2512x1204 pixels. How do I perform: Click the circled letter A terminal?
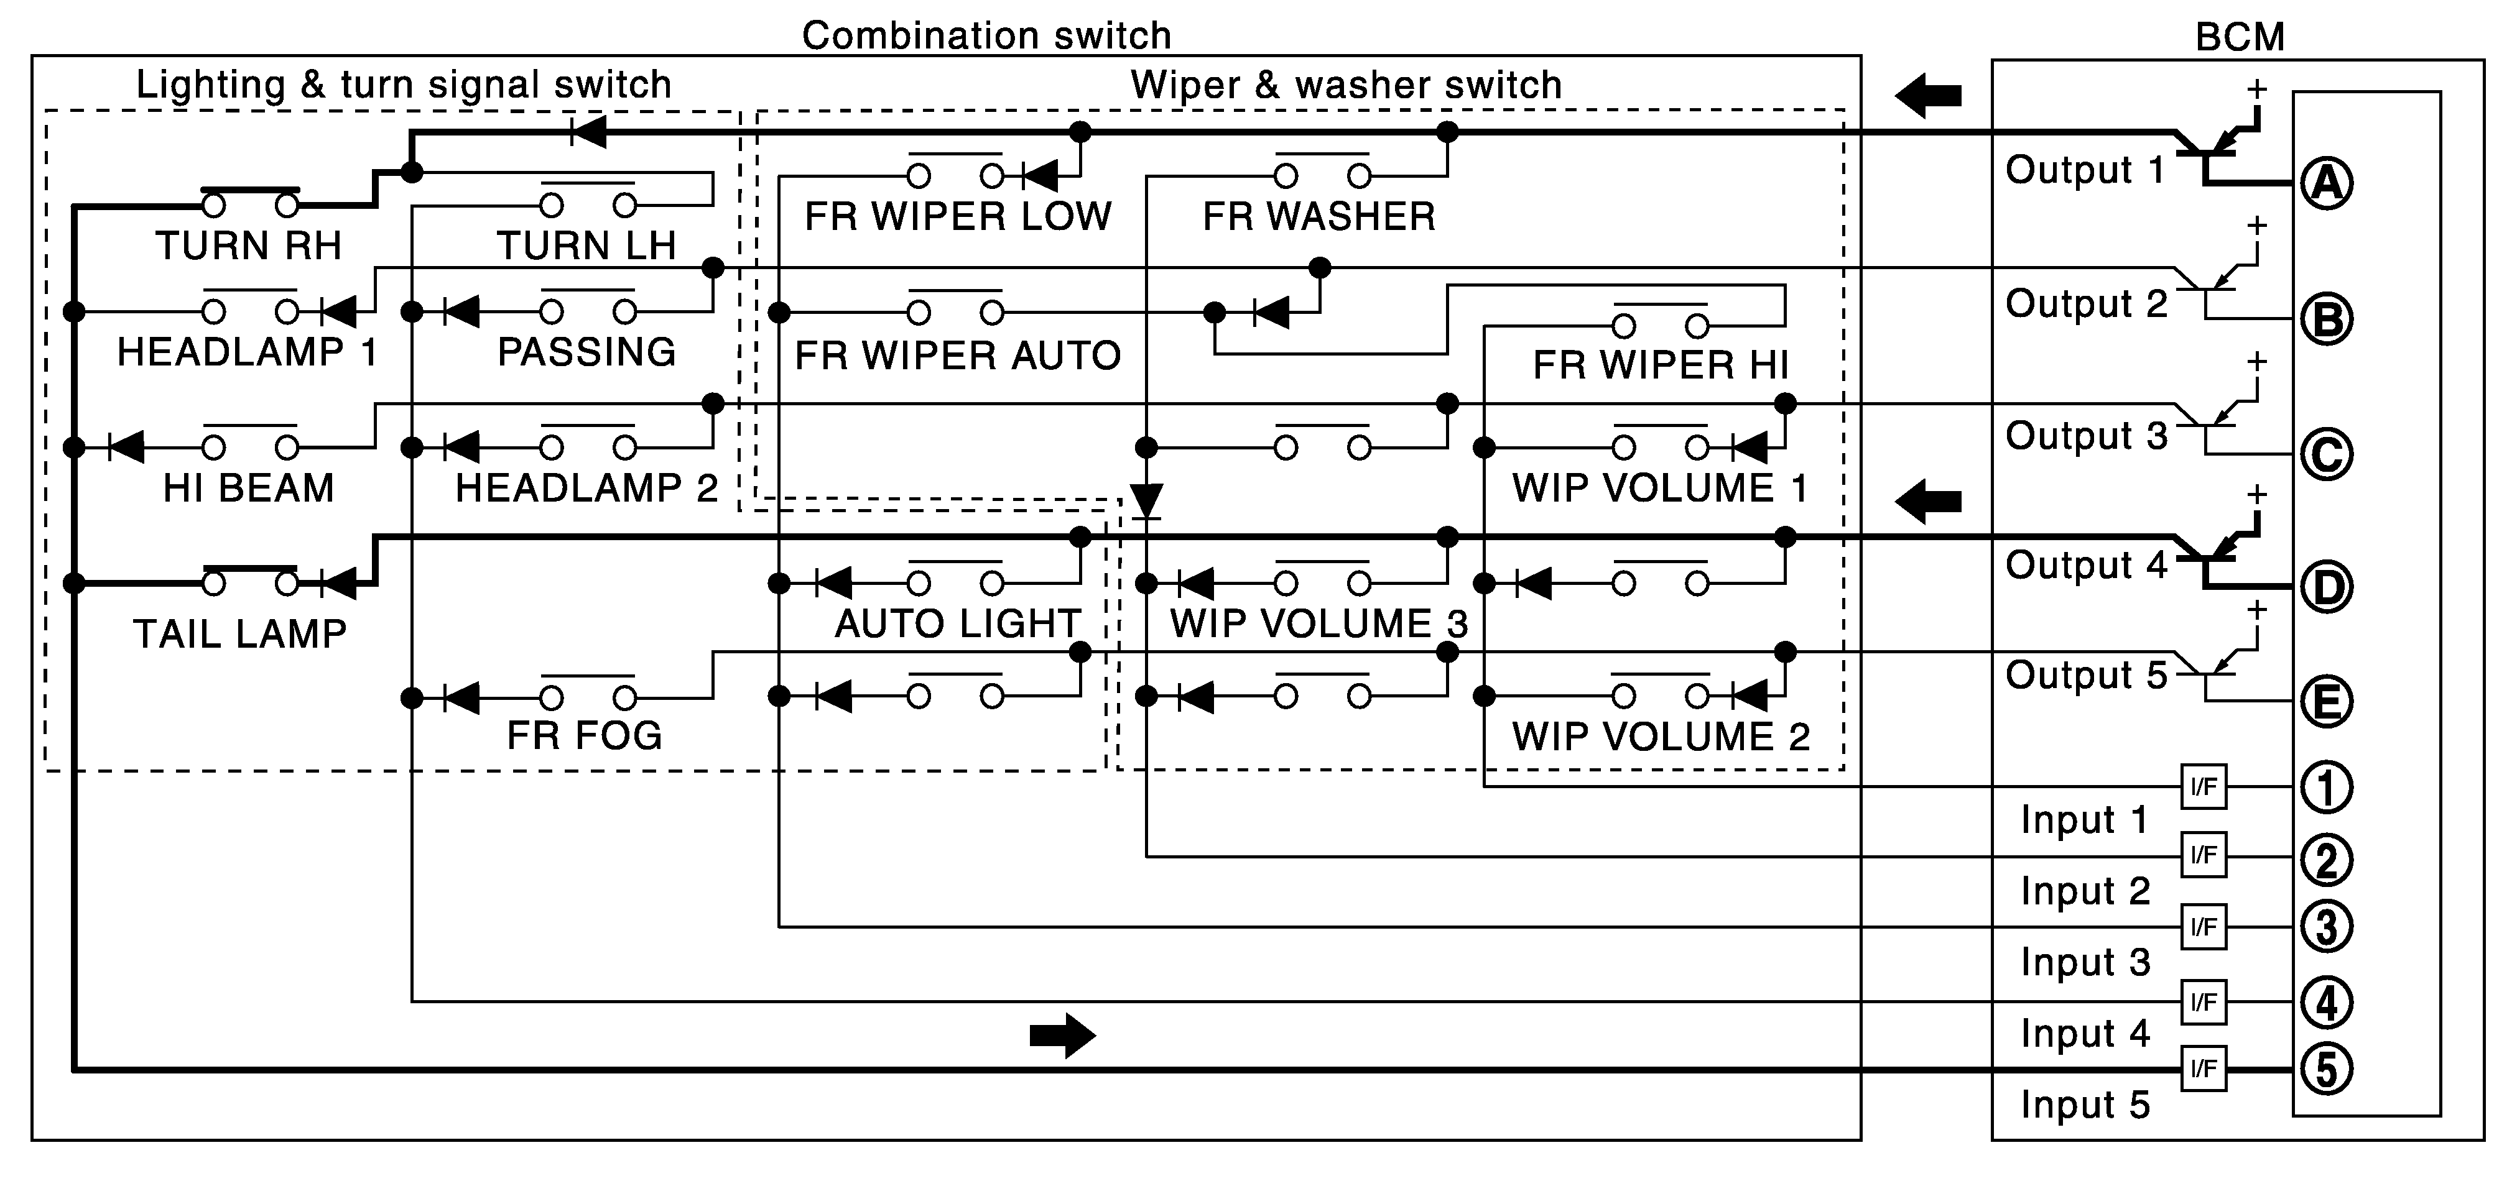click(2327, 183)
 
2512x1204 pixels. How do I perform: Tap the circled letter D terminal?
click(2327, 587)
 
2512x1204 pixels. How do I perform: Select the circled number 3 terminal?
click(2327, 926)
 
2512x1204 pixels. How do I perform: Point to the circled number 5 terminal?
click(2327, 1068)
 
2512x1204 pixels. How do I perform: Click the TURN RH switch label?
click(249, 246)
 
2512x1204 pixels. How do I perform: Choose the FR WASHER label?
click(1319, 216)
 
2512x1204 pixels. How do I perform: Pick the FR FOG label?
click(584, 735)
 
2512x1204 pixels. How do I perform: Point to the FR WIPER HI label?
click(1661, 365)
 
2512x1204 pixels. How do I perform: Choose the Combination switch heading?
click(986, 36)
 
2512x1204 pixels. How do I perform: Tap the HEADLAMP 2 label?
click(586, 487)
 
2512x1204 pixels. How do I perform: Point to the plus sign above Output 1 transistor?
click(2256, 90)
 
